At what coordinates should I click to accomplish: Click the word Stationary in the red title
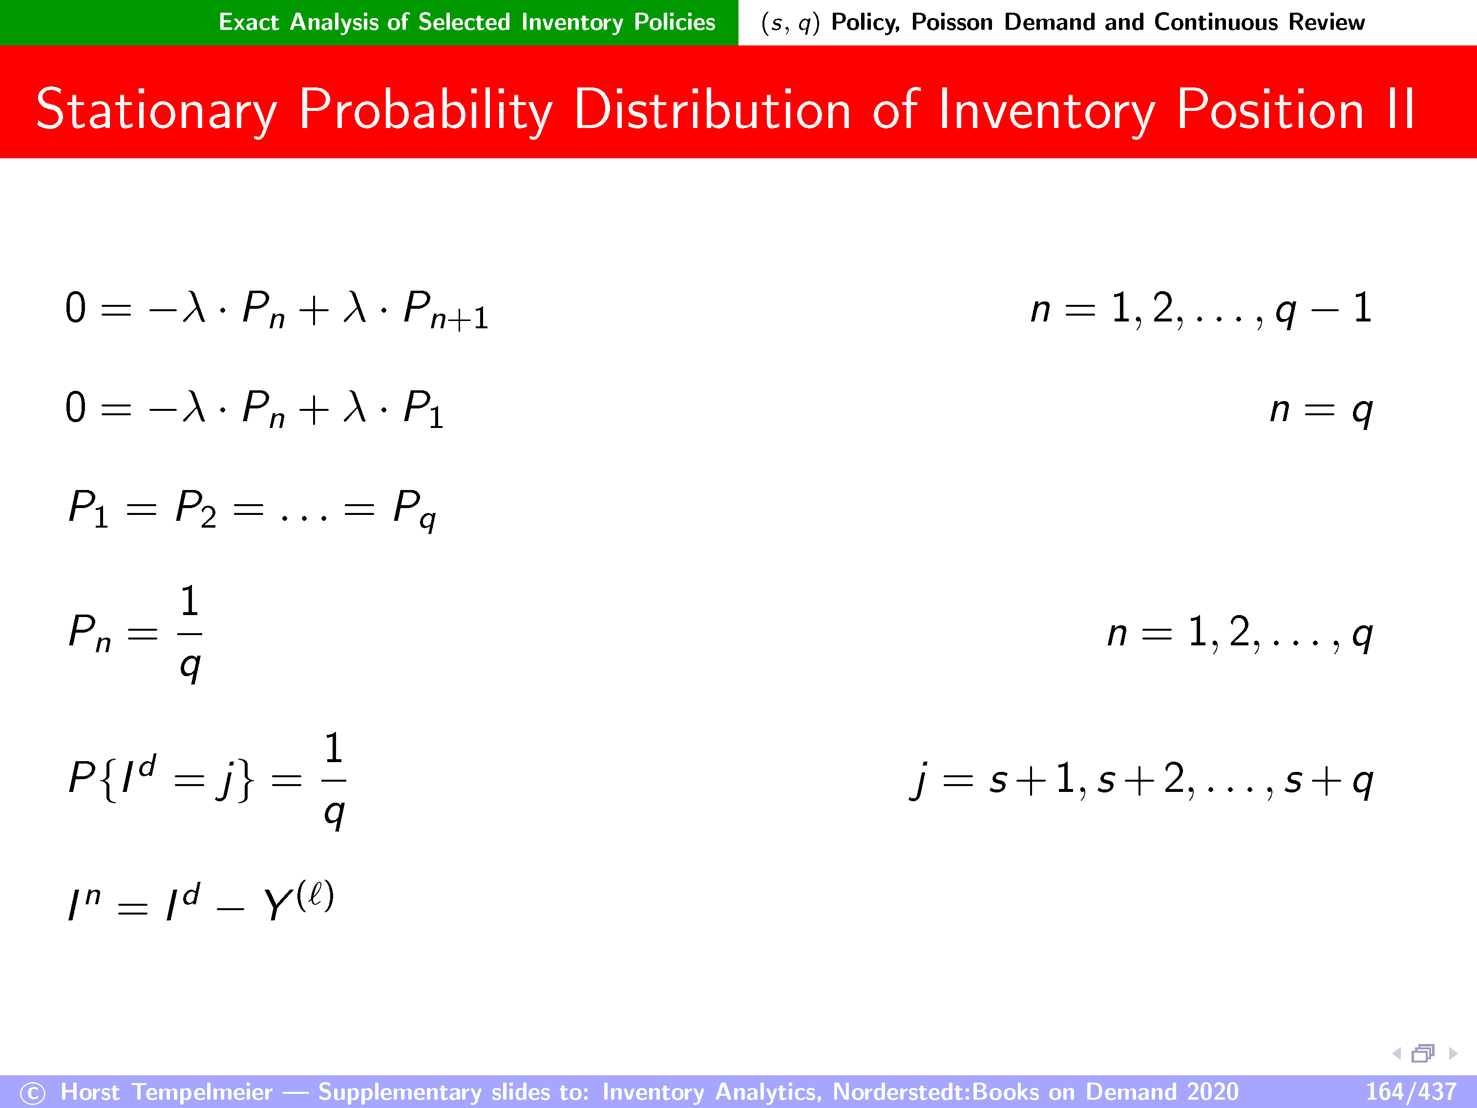click(156, 111)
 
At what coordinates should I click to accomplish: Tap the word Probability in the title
click(426, 110)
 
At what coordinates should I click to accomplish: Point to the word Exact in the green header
click(249, 22)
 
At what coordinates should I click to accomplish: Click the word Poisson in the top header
click(952, 22)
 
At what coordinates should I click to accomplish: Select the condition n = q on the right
click(1321, 409)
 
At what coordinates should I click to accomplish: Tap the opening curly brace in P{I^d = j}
click(109, 779)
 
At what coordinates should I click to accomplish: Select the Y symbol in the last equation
click(278, 905)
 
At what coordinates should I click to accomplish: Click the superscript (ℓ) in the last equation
click(315, 895)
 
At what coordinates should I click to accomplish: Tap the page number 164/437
click(1410, 1091)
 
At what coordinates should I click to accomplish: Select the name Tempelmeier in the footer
click(202, 1092)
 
